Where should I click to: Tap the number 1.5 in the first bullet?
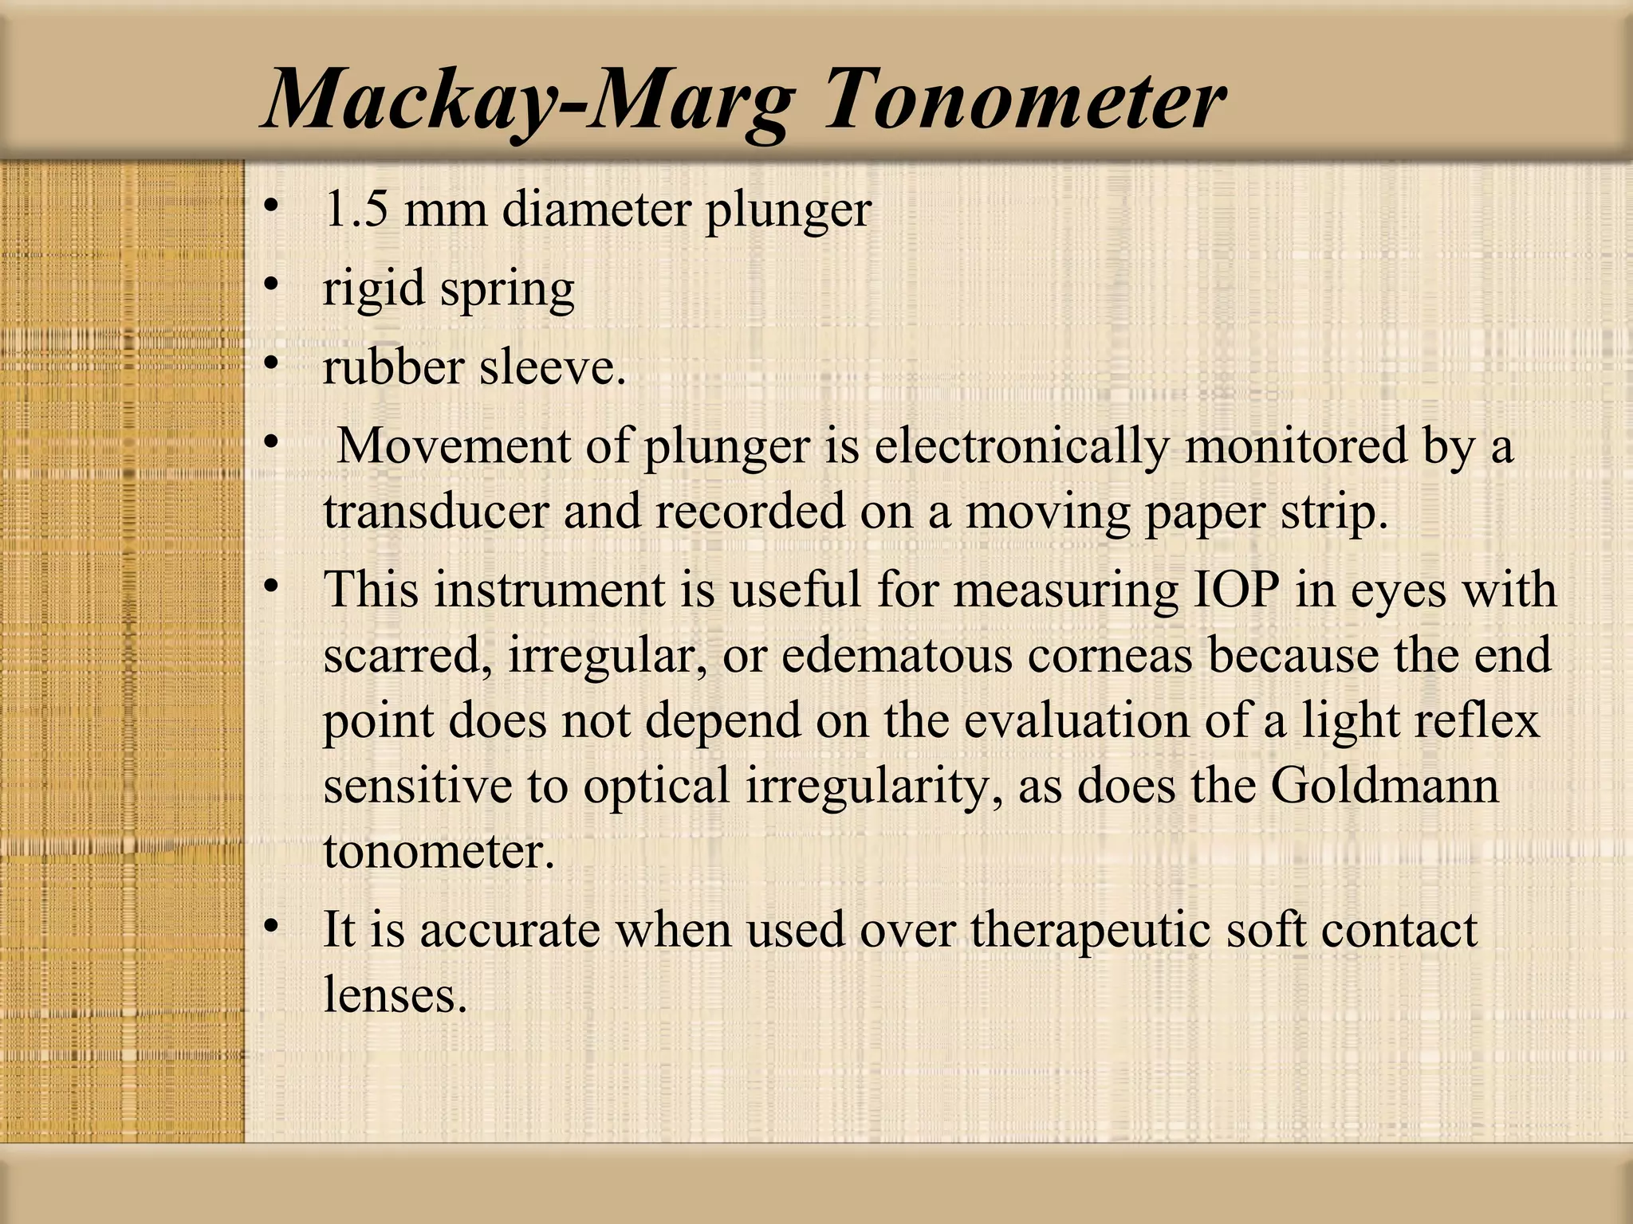coord(356,210)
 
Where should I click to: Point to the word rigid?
coord(373,288)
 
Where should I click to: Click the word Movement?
coord(454,445)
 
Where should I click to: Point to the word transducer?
coord(435,511)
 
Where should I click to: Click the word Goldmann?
coord(1385,786)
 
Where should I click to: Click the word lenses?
coord(395,995)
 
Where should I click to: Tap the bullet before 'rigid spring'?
coord(272,284)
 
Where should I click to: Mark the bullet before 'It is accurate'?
coord(272,926)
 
